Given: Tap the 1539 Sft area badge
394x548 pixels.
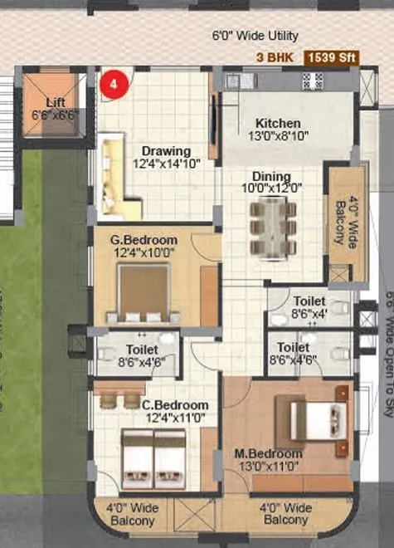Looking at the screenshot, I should point(332,57).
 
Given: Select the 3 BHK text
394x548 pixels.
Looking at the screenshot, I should point(276,57).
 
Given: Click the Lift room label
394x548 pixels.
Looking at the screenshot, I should point(56,102).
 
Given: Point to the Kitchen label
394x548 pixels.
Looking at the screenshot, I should point(277,124).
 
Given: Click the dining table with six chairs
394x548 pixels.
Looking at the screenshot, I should point(273,227).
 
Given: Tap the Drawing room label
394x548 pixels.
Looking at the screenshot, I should point(166,151).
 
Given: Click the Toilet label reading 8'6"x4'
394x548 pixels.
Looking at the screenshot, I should point(309,314).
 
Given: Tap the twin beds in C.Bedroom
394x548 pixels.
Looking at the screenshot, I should point(153,457).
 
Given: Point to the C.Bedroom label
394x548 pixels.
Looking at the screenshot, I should point(174,405).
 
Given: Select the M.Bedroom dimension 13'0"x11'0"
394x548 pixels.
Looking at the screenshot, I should point(268,467).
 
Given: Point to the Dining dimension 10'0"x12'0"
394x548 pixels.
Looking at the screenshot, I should point(272,188).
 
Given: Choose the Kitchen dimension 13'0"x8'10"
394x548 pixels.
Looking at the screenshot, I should point(278,136).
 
